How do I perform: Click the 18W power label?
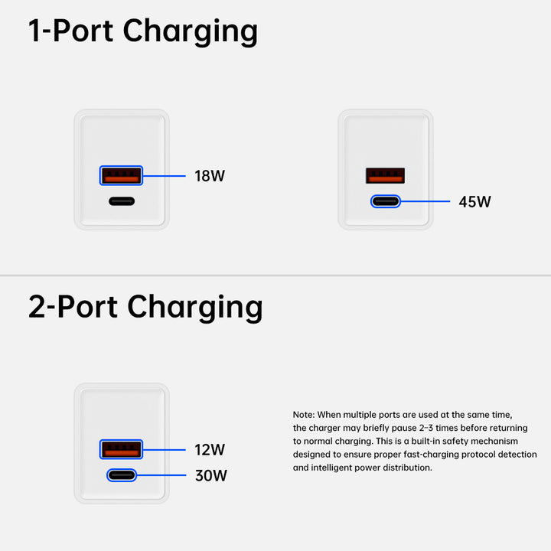coord(210,176)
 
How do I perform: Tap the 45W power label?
coord(474,202)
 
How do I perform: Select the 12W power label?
coord(210,450)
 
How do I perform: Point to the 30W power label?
coord(210,476)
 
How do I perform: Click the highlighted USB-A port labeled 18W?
coord(121,176)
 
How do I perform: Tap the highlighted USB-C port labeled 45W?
coord(385,202)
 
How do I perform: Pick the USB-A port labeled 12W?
coord(121,450)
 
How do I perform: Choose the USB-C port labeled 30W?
coord(121,475)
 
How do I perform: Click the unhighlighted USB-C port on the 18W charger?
coord(121,202)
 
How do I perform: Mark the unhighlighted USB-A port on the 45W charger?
coord(385,176)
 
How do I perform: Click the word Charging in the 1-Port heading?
coord(191,32)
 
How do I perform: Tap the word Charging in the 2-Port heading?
coord(195,307)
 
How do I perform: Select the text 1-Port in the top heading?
coord(71,32)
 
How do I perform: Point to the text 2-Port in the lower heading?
coord(73,307)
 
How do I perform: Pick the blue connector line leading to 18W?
coord(165,176)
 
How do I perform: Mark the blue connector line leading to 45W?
coord(426,202)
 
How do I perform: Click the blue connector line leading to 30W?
coord(162,475)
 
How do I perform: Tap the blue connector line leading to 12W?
coord(165,450)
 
